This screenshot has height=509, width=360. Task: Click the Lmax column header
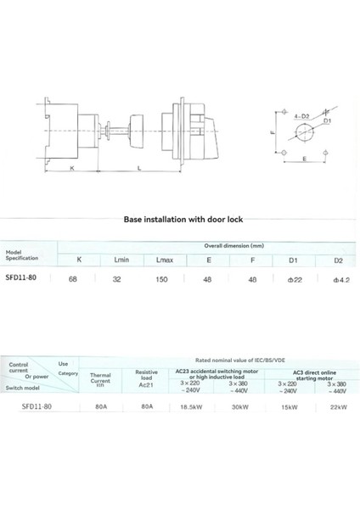point(165,260)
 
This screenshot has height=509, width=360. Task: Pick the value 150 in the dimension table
point(165,277)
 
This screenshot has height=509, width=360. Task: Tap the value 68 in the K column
point(80,277)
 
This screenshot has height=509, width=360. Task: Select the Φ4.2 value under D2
point(341,277)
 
